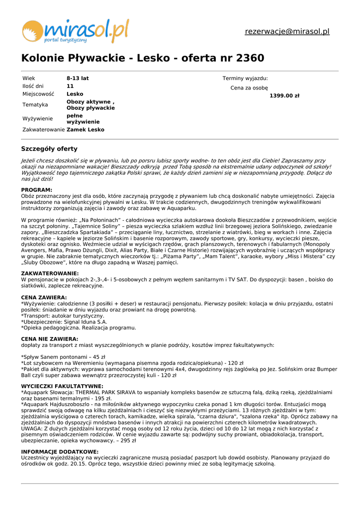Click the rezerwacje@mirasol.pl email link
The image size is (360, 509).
287,32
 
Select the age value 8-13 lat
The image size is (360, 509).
78,78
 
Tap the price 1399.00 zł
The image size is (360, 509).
284,96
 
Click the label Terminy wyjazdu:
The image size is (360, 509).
245,79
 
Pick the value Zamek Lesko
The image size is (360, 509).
86,130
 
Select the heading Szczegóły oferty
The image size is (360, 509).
49,149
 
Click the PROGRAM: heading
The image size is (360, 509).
36,190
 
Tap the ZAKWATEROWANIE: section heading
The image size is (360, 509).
50,273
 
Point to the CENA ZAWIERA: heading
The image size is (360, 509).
44,298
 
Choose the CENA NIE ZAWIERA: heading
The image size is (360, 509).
49,339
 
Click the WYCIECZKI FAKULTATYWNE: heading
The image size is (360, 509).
62,386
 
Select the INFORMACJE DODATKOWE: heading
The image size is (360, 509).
60,451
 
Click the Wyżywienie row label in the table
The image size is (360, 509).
37,119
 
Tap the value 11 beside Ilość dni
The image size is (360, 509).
70,86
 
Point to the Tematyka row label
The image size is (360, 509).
35,105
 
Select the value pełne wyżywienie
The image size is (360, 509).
83,119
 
